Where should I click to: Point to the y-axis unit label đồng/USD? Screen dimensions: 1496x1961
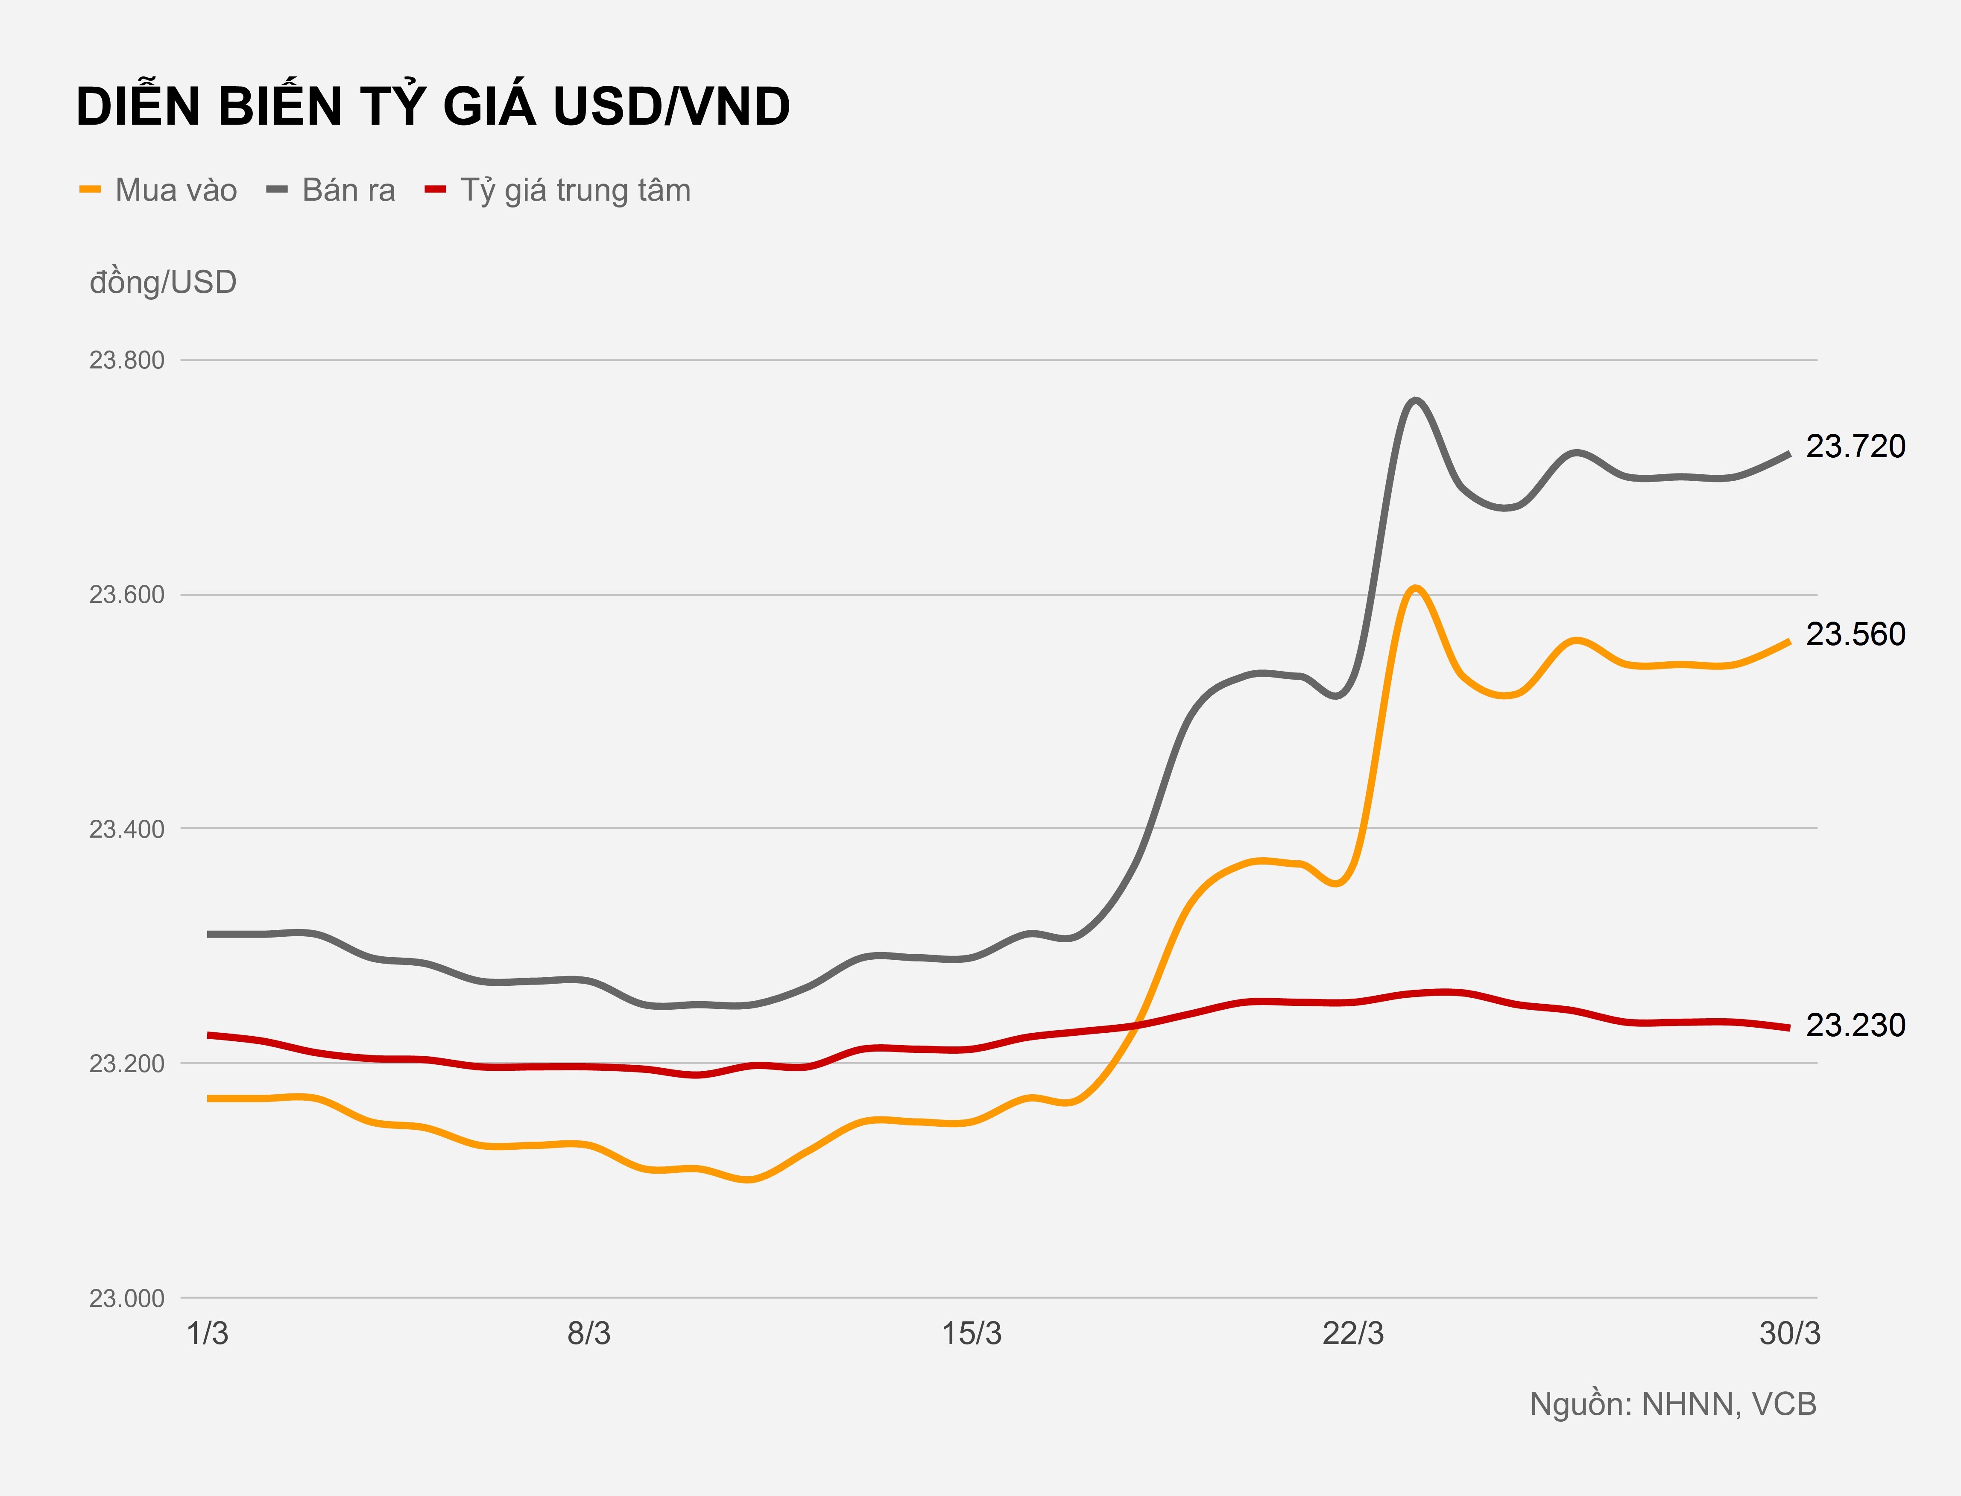tap(163, 282)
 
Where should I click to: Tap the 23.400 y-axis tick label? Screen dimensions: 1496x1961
tap(126, 829)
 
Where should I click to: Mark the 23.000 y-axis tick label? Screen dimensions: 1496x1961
tap(126, 1298)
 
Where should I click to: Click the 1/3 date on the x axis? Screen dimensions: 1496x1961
tap(208, 1334)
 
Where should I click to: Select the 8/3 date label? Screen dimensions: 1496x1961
tap(588, 1334)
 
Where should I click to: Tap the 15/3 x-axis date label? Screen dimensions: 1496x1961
tap(972, 1334)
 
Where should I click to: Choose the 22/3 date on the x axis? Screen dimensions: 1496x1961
tap(1353, 1334)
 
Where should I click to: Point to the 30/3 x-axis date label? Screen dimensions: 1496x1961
tap(1789, 1334)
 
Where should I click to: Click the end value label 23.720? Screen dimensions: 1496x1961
tap(1855, 446)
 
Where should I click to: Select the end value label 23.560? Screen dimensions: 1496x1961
tap(1855, 634)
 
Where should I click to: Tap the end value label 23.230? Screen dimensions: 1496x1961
tap(1855, 1025)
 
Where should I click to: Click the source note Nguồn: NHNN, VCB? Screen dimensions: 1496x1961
tap(1672, 1404)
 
